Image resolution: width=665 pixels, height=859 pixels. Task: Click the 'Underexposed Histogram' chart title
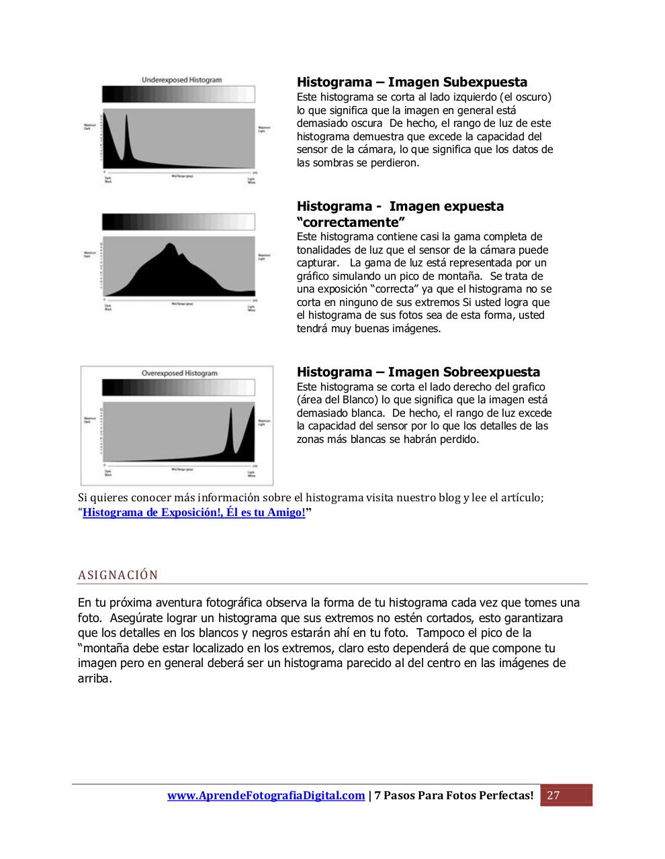click(x=181, y=80)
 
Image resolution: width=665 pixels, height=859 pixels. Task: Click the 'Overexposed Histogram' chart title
click(x=179, y=373)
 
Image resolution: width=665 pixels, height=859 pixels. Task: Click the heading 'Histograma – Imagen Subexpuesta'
click(x=412, y=83)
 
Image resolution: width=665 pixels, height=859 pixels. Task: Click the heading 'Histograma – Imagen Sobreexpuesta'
click(x=418, y=372)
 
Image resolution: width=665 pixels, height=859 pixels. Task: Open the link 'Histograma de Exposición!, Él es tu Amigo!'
click(x=194, y=513)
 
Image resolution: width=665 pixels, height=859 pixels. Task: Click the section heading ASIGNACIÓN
click(x=118, y=575)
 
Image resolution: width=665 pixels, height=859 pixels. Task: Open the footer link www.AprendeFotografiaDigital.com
click(x=266, y=796)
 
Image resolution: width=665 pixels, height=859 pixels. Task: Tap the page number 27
click(x=553, y=796)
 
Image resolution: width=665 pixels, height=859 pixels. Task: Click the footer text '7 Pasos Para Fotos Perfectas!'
click(x=454, y=796)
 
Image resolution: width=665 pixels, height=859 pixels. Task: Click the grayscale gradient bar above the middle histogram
click(x=179, y=222)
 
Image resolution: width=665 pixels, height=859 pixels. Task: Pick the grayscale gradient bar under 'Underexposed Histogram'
click(x=179, y=94)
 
